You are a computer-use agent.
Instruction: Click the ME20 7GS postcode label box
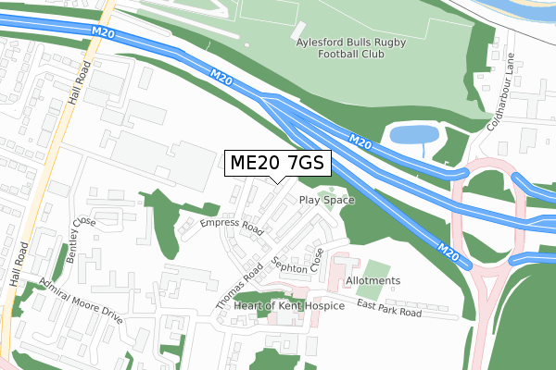pyautogui.click(x=275, y=163)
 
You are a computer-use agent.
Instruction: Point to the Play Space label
pyautogui.click(x=322, y=200)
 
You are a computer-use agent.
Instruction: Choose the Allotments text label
pyautogui.click(x=372, y=280)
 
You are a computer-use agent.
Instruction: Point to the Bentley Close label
pyautogui.click(x=82, y=239)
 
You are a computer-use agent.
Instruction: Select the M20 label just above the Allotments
pyautogui.click(x=449, y=251)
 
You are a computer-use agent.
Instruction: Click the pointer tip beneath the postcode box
pyautogui.click(x=275, y=184)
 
